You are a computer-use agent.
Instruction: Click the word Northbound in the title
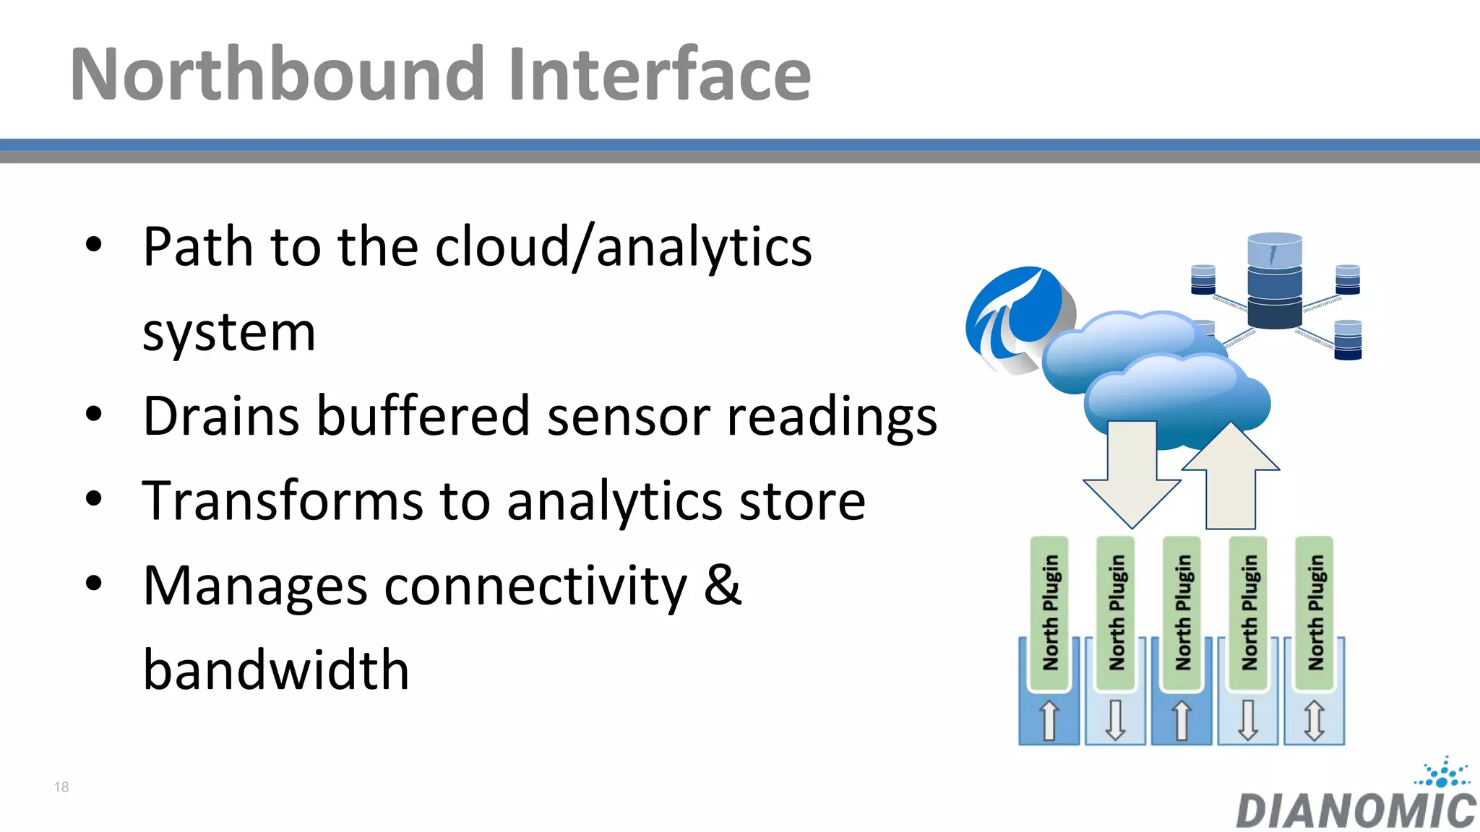point(277,74)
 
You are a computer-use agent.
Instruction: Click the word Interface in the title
point(659,74)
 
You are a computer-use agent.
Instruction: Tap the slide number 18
point(61,787)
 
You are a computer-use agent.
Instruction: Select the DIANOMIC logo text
point(1356,810)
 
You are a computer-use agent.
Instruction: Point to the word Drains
point(220,417)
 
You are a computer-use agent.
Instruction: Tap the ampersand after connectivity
point(723,585)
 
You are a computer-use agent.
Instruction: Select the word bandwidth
point(276,670)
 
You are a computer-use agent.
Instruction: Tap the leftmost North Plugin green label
point(1049,612)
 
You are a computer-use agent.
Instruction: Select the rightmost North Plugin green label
point(1315,612)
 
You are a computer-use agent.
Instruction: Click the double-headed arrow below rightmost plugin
point(1315,721)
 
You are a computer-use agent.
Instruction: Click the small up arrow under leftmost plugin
point(1049,721)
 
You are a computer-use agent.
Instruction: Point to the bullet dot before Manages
point(94,584)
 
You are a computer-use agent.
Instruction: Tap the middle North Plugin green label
point(1182,612)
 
